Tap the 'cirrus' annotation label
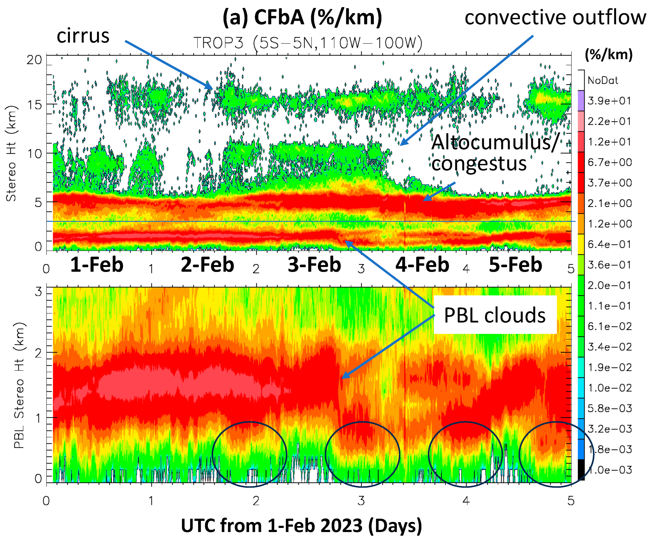pyautogui.click(x=83, y=35)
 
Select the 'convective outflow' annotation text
pyautogui.click(x=555, y=17)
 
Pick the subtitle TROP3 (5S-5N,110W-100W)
pyautogui.click(x=308, y=43)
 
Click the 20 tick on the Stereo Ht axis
pyautogui.click(x=34, y=60)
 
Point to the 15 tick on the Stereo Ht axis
pyautogui.click(x=34, y=105)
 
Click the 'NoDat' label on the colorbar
pyautogui.click(x=603, y=81)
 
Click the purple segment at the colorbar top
pyautogui.click(x=581, y=100)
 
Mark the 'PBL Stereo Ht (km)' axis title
pyautogui.click(x=19, y=385)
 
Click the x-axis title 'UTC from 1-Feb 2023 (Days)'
pyautogui.click(x=301, y=525)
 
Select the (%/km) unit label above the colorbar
pyautogui.click(x=609, y=54)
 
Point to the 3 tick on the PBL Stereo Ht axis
pyautogui.click(x=38, y=292)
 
